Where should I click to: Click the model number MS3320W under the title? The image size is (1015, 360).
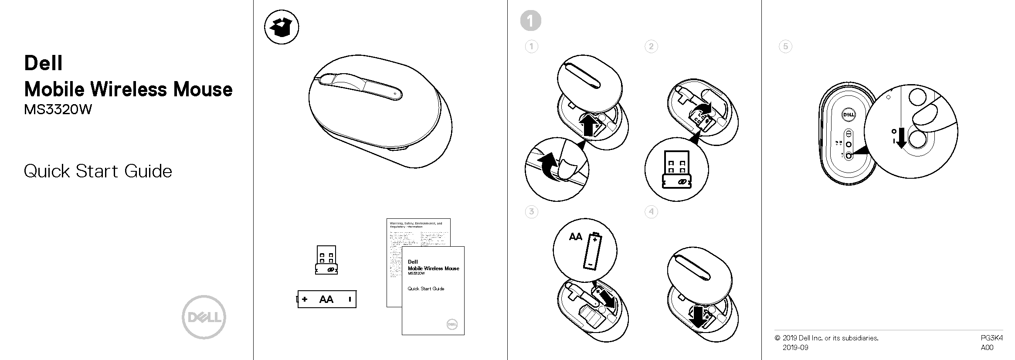58,109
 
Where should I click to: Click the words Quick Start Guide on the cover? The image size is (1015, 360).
98,171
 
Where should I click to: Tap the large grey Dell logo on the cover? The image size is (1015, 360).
204,317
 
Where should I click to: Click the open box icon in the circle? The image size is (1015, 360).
282,27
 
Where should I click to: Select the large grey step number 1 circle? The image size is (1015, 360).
530,20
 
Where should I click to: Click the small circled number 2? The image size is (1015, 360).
651,47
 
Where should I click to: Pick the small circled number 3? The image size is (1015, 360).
531,212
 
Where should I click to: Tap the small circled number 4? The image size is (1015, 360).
651,212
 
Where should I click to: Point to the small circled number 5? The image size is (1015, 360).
785,47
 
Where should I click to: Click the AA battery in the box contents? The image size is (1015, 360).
327,299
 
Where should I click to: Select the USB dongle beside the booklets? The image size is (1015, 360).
326,260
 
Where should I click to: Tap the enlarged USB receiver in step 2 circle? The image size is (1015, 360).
676,170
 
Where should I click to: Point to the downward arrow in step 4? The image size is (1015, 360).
698,317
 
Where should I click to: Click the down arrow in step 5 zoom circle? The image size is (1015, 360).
901,138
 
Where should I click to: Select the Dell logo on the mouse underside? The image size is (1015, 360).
848,115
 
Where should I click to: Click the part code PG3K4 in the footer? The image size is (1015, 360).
991,338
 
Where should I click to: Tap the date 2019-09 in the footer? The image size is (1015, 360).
795,347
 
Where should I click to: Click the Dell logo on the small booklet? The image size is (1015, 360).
452,324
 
